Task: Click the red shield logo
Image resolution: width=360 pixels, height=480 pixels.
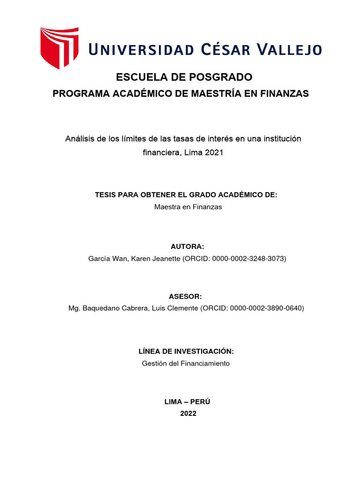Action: pos(59,48)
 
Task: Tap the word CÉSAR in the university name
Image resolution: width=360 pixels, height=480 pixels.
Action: pos(227,49)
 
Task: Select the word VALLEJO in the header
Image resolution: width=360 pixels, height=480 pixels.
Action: pos(292,49)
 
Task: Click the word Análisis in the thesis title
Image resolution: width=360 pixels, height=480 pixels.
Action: pos(79,139)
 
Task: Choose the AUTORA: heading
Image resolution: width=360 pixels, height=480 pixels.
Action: pos(187,247)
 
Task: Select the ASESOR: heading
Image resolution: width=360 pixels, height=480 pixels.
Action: pos(185,296)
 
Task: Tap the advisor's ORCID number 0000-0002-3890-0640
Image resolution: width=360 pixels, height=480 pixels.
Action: pos(266,308)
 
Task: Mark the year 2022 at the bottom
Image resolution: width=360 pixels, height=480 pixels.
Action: pos(188,413)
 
